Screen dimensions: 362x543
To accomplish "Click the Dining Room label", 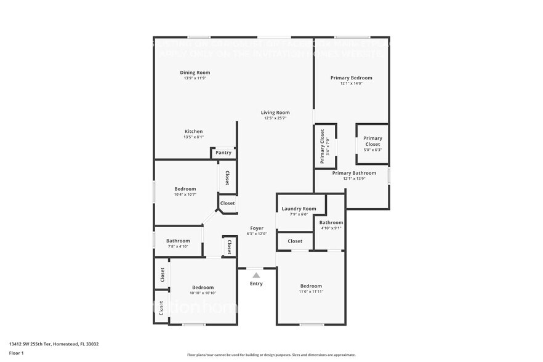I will point(195,73).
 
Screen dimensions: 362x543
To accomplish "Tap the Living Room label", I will point(275,113).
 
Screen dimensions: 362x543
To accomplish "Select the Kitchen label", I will point(193,132).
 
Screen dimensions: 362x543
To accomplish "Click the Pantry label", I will point(223,153).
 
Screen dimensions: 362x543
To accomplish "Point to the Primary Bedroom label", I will point(351,78).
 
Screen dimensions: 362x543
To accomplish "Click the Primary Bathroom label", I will point(354,173).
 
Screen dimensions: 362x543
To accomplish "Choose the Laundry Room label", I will point(299,209).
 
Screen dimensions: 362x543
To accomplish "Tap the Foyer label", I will point(256,228).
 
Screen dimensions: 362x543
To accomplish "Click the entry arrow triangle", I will point(256,275).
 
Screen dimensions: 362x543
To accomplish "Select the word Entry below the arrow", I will point(256,284).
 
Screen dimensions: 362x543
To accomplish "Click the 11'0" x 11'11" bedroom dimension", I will point(311,291).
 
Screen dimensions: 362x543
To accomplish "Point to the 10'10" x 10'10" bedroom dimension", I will point(203,293).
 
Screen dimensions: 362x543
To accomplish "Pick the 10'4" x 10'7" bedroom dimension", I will point(185,195).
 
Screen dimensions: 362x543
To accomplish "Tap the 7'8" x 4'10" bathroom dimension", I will point(177,246).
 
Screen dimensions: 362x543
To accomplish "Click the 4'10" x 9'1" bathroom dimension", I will point(331,228).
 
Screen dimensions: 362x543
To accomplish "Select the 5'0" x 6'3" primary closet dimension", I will point(372,150).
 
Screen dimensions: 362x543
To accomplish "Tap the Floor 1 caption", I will point(16,353).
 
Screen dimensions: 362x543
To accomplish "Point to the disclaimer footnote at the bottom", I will point(271,355).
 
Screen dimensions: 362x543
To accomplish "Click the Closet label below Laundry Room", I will point(295,241).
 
